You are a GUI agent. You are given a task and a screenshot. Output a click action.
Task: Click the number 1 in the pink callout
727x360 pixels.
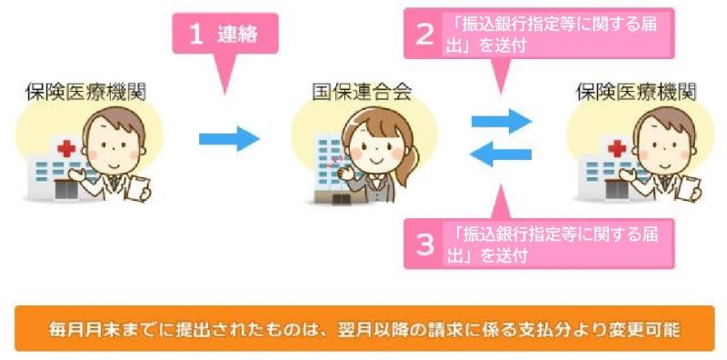click(x=194, y=34)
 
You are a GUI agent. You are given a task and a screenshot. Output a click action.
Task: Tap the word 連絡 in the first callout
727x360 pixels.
click(x=239, y=35)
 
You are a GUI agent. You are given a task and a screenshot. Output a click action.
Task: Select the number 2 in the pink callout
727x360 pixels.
click(x=423, y=34)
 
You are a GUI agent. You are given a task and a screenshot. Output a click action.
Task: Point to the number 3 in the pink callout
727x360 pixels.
click(x=423, y=243)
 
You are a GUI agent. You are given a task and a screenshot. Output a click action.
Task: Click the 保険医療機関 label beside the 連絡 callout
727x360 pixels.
click(x=85, y=93)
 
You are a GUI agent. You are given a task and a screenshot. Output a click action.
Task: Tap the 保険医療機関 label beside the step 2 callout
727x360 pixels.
click(x=636, y=93)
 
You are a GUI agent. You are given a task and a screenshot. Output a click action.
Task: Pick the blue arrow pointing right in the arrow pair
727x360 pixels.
click(x=501, y=119)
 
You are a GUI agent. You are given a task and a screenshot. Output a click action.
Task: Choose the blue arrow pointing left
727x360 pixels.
click(x=501, y=155)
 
